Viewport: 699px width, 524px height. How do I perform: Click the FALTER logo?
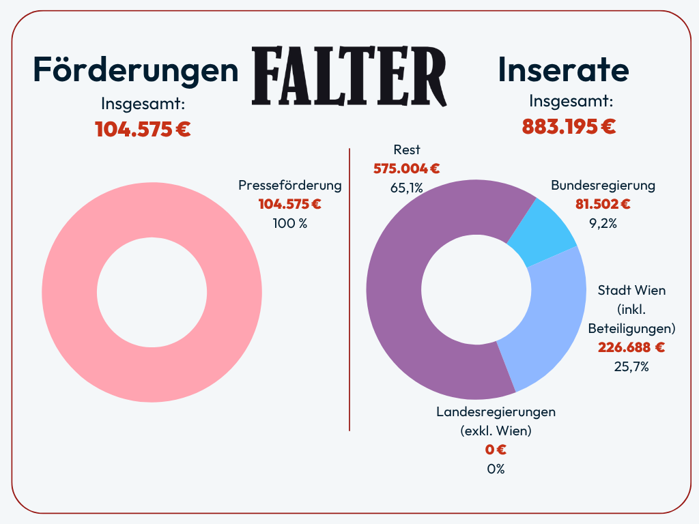click(349, 75)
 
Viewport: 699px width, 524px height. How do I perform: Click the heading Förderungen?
click(137, 69)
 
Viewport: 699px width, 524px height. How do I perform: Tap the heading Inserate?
click(563, 69)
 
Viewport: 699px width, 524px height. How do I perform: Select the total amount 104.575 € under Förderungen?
click(143, 129)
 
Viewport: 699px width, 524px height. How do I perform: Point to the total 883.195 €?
click(569, 126)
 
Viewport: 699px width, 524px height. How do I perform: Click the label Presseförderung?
click(290, 186)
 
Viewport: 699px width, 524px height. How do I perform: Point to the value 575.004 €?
click(407, 169)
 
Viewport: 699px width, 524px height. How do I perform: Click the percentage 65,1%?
click(407, 188)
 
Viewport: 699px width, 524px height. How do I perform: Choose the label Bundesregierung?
click(603, 186)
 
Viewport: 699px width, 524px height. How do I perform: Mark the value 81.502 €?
click(603, 203)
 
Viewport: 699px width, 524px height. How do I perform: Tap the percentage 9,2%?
click(603, 222)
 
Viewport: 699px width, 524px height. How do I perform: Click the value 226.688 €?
click(631, 347)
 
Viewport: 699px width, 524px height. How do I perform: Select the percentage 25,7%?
click(631, 366)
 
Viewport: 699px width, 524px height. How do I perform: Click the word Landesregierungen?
click(496, 411)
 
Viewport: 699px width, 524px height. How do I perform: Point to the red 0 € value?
click(496, 450)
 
